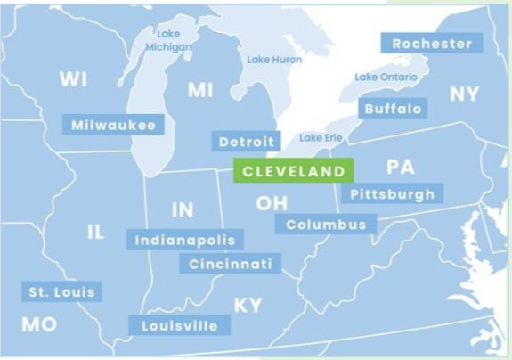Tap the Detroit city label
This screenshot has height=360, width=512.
tap(247, 142)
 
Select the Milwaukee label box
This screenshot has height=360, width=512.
tap(113, 125)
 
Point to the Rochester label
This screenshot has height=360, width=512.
tap(432, 43)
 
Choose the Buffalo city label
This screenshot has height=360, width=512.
tap(393, 109)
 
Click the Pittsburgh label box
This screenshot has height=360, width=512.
tap(392, 193)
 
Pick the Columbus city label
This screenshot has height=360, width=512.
tap(326, 225)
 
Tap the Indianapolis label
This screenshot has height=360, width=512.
tap(186, 240)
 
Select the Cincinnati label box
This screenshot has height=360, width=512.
tap(231, 264)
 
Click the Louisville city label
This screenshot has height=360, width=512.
tap(179, 325)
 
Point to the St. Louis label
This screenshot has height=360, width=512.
tap(61, 291)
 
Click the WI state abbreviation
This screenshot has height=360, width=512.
tap(73, 79)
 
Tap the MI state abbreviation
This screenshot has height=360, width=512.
tap(200, 90)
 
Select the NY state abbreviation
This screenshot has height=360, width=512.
tap(464, 94)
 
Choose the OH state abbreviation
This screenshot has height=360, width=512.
tap(272, 203)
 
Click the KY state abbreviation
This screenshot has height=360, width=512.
tap(248, 306)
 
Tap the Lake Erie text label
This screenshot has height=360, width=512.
tap(319, 137)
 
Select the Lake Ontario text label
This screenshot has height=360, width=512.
tap(385, 77)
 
